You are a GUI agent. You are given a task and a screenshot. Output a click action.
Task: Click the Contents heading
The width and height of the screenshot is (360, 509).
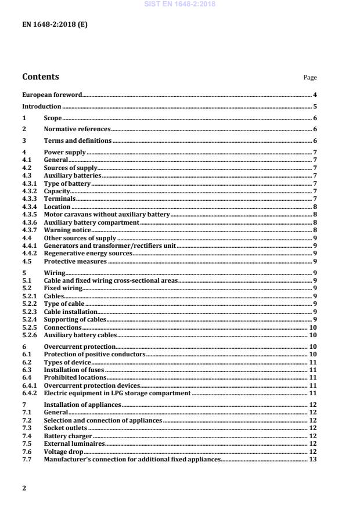(x=40, y=77)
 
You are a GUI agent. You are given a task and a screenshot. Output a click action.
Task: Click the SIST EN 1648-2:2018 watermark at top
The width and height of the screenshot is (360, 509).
(x=179, y=4)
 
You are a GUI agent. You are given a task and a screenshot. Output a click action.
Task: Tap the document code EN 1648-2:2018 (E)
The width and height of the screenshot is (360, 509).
(x=55, y=25)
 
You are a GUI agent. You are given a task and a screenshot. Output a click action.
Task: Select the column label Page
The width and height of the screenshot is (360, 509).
(x=310, y=78)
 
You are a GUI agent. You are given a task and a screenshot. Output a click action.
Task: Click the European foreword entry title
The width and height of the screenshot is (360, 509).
(x=52, y=94)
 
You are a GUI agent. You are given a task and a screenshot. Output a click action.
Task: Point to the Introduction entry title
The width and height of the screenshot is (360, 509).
(x=41, y=106)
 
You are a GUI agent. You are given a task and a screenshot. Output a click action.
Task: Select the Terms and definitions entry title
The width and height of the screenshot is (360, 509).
(x=77, y=141)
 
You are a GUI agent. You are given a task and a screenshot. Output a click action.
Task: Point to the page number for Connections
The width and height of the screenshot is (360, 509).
(x=312, y=327)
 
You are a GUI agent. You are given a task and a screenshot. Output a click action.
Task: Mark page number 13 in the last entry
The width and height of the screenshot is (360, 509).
(x=312, y=459)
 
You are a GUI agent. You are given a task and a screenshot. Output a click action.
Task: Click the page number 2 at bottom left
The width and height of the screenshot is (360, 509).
(x=24, y=488)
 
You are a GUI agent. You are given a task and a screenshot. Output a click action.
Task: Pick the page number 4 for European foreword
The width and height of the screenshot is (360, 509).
(x=314, y=94)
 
